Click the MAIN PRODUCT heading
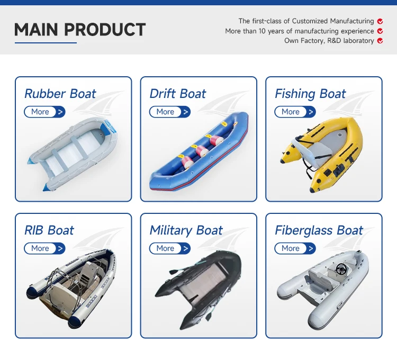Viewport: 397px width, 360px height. tap(79, 30)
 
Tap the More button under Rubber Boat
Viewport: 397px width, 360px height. tap(44, 112)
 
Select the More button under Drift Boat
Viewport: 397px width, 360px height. tap(169, 112)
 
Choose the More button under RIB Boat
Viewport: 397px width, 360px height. tap(44, 248)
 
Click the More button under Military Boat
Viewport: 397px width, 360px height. tap(169, 248)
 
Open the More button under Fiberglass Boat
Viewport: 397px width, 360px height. tap(295, 248)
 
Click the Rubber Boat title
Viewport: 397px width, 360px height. tap(60, 94)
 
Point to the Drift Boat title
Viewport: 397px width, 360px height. tap(178, 94)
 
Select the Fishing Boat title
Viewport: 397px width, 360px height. tap(310, 94)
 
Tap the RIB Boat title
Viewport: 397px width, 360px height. tap(49, 230)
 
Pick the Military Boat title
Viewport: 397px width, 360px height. tap(186, 230)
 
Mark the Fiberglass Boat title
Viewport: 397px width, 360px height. tap(319, 230)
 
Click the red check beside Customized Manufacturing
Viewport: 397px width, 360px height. tap(380, 21)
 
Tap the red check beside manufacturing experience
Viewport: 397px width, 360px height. tap(380, 31)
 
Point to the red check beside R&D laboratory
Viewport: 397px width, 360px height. tap(380, 41)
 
